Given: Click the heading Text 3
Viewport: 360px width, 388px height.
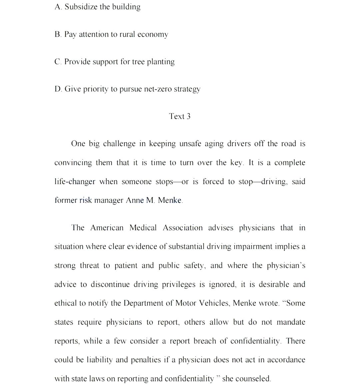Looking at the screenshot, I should [x=180, y=116].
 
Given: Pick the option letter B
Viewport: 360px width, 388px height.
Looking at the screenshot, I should [x=58, y=34].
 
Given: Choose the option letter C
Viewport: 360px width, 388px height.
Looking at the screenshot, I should [x=58, y=62].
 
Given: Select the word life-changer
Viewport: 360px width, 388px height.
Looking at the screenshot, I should [x=75, y=182].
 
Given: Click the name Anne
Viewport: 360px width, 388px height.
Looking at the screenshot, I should [x=135, y=201].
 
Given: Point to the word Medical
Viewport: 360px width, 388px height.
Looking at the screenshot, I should [x=143, y=228].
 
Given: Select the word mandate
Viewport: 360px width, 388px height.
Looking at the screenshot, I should [x=291, y=322].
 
